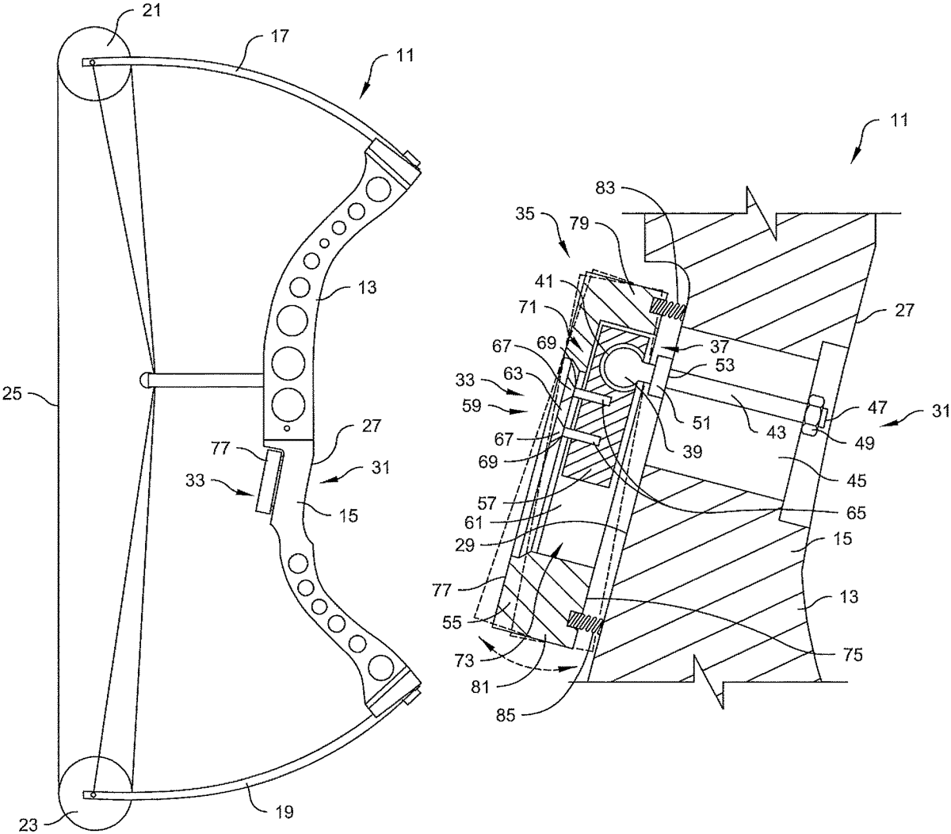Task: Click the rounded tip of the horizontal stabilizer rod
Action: tap(144, 380)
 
